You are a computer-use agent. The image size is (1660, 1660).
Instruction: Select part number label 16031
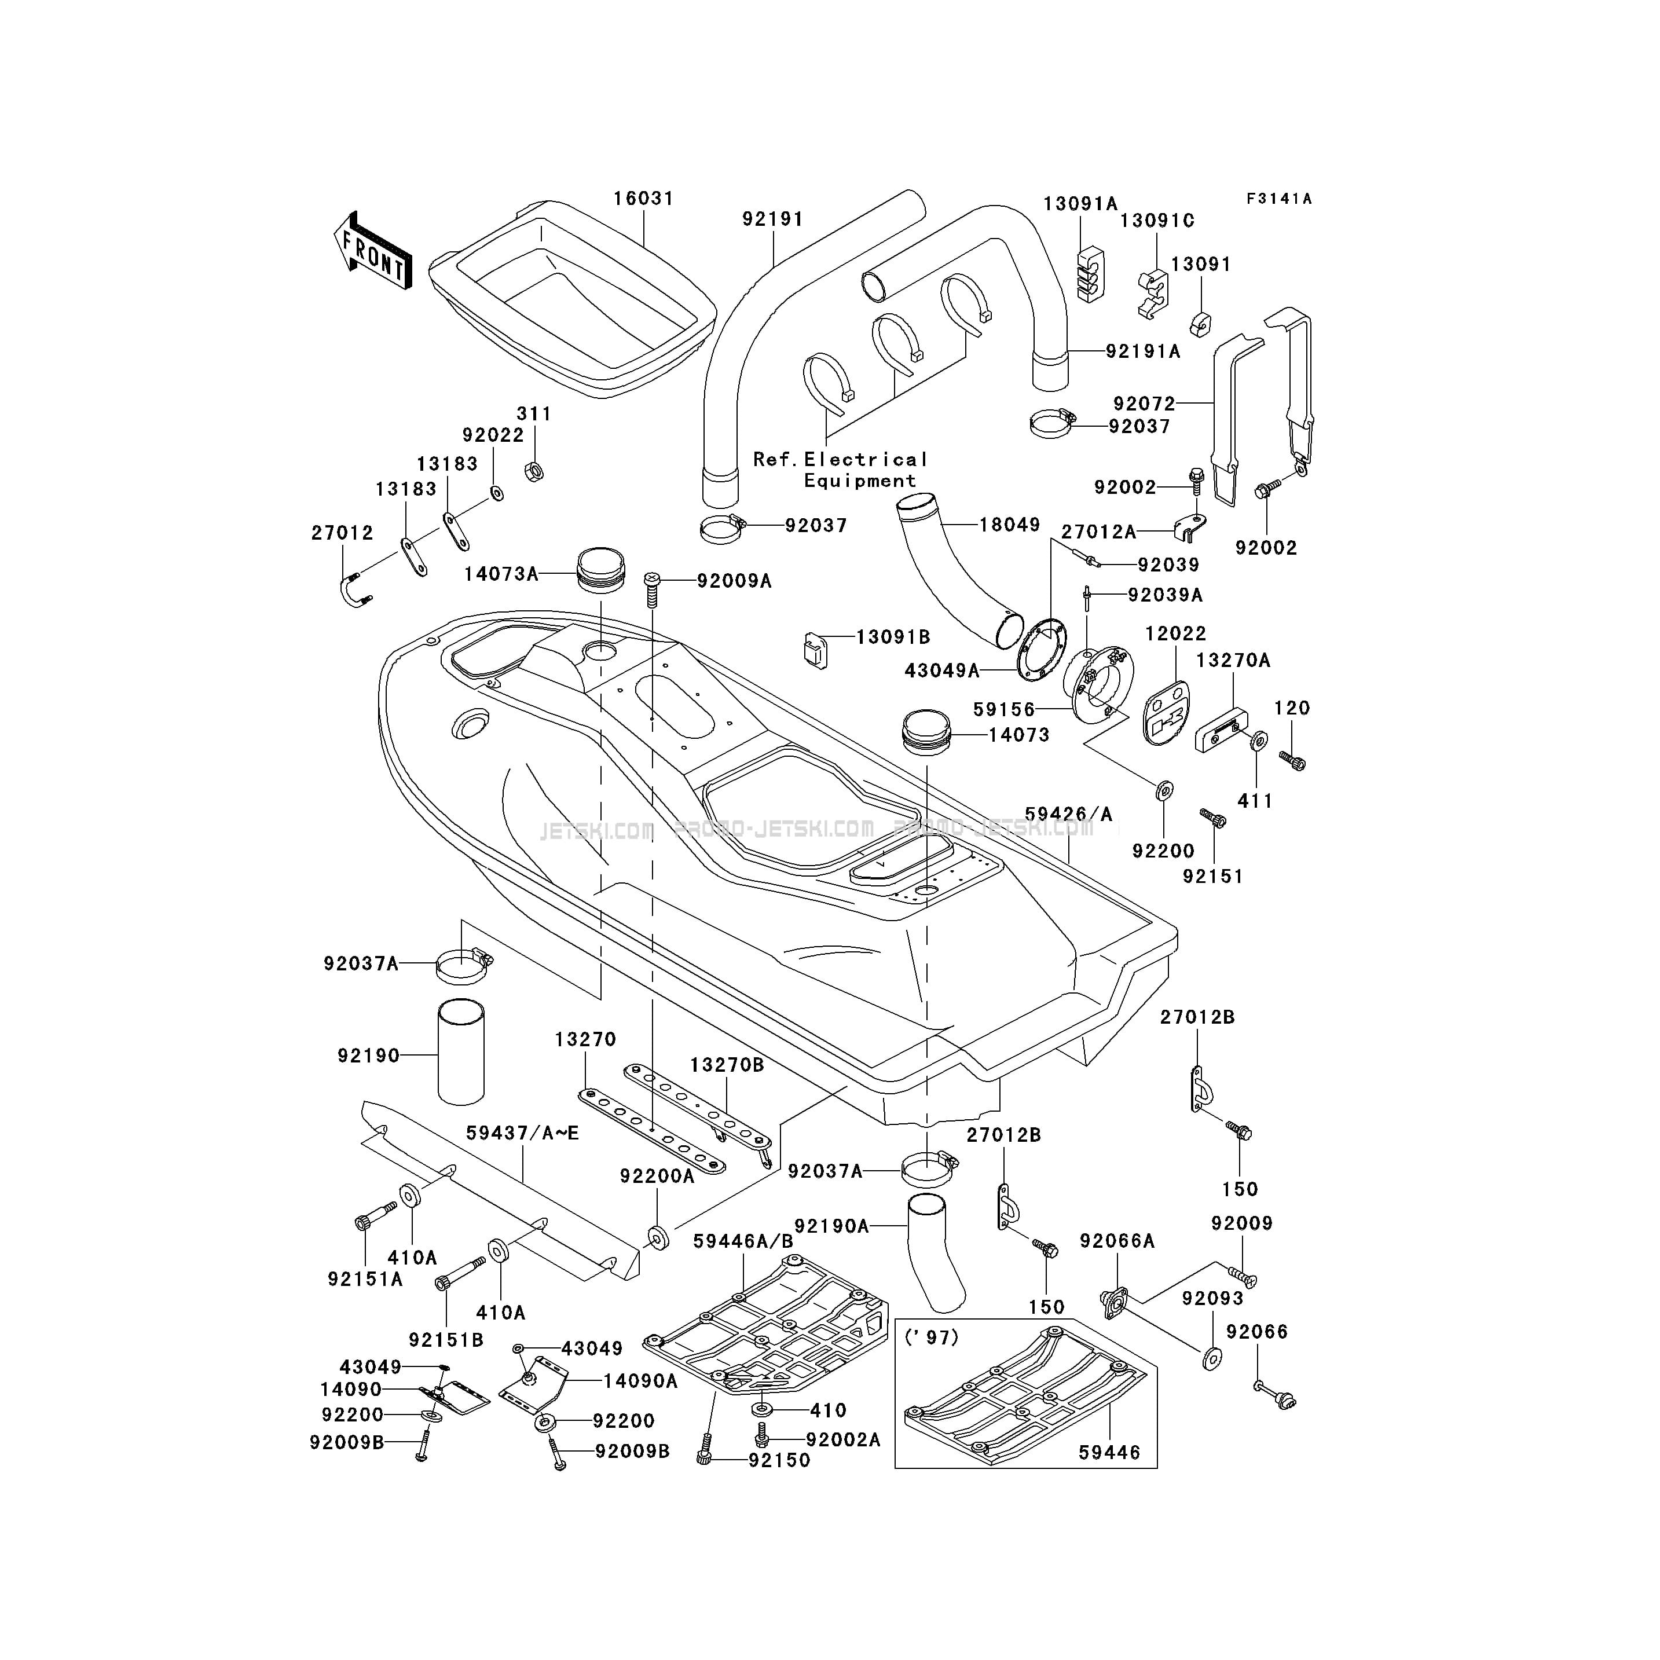pos(643,199)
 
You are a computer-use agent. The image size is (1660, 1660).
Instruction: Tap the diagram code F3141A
pos(1280,199)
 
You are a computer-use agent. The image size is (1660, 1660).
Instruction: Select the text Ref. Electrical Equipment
pos(840,470)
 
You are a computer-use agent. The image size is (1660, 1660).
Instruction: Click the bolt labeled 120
pos(1292,760)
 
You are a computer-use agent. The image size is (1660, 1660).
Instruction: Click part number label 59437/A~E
pos(522,1133)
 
